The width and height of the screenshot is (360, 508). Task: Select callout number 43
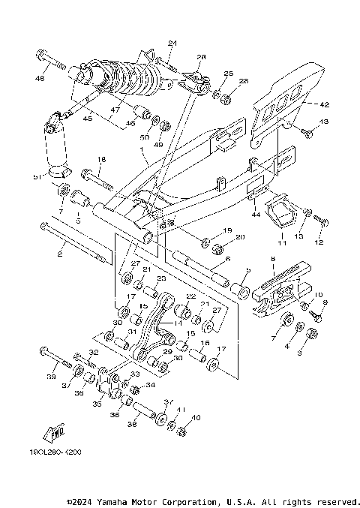click(324, 122)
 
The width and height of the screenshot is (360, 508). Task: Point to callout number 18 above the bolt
click(102, 159)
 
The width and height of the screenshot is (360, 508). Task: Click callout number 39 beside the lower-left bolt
click(51, 377)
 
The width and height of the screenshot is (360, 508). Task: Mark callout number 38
click(133, 424)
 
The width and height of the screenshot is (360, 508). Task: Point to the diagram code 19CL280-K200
click(56, 453)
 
